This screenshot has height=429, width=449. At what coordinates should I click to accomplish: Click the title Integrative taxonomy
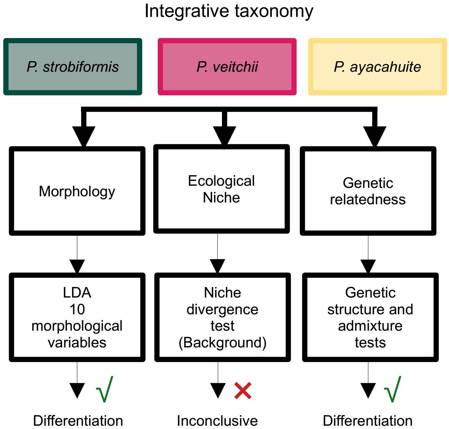click(x=229, y=11)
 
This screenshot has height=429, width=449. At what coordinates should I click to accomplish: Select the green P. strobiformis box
click(x=73, y=67)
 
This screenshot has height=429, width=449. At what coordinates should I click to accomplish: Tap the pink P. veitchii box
click(x=227, y=67)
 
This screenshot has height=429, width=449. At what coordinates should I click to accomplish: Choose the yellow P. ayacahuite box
click(x=377, y=67)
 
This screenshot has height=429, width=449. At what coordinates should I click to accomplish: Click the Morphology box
click(x=77, y=191)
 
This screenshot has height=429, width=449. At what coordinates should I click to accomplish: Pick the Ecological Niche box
click(x=221, y=189)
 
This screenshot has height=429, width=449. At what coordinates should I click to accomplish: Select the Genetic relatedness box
click(x=368, y=191)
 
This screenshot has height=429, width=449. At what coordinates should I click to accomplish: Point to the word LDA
click(x=77, y=292)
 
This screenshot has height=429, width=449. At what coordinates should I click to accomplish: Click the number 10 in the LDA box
click(x=77, y=309)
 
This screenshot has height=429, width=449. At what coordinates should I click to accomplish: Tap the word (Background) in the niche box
click(x=222, y=342)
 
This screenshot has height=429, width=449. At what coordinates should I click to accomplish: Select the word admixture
click(x=370, y=326)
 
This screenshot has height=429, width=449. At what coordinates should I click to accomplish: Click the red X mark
click(x=243, y=391)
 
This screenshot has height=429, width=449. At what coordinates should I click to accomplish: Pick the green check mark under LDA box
click(x=104, y=390)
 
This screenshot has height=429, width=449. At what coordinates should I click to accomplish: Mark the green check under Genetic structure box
click(x=393, y=390)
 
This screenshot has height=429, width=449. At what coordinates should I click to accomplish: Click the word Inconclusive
click(x=217, y=421)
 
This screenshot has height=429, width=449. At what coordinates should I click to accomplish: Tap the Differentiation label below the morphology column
click(x=78, y=421)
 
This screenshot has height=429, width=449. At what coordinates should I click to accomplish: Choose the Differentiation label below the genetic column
click(x=367, y=421)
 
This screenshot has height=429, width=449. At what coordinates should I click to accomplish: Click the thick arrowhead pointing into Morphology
click(x=84, y=136)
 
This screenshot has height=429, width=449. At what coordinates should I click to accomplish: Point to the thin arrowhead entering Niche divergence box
click(x=218, y=266)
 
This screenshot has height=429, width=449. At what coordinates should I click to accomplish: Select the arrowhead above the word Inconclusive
click(x=218, y=390)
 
